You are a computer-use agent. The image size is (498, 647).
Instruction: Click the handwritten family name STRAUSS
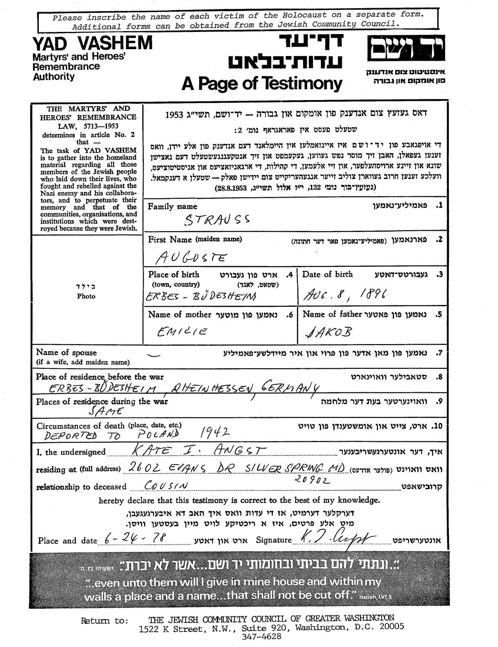click(217, 220)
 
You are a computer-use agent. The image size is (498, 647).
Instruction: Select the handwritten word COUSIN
click(160, 486)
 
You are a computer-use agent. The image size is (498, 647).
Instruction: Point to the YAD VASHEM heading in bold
click(92, 43)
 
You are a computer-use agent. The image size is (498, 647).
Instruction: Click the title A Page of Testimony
click(262, 83)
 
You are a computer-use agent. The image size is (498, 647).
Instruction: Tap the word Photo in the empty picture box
click(86, 296)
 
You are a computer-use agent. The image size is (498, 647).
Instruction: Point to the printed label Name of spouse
click(66, 352)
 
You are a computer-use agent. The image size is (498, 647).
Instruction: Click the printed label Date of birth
click(327, 274)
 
